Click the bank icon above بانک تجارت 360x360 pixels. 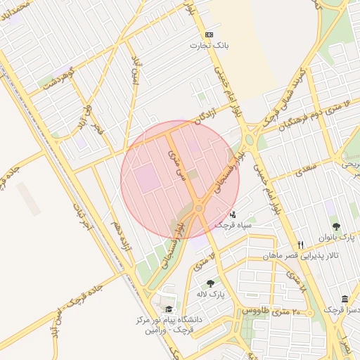click(209, 34)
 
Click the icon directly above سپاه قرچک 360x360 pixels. click(233, 214)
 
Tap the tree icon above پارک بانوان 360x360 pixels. click(336, 226)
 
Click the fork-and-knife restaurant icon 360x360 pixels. click(300, 244)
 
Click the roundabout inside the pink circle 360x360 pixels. click(199, 209)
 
